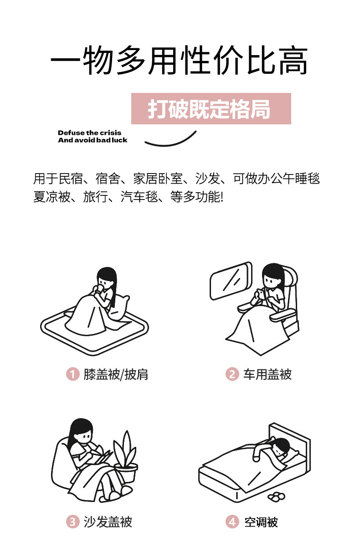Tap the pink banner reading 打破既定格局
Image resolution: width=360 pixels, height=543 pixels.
coord(211,108)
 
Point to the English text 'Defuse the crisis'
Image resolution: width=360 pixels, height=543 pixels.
coord(89,133)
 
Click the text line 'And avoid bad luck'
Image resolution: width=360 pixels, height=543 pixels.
coord(93,140)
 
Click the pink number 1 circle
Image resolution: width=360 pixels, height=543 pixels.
coord(73,374)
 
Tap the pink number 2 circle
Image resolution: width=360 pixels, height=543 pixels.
coord(232,374)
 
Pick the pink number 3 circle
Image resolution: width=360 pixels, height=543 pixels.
coord(73,522)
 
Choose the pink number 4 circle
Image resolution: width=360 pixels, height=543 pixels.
coord(232,522)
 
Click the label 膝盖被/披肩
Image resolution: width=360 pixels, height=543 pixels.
coord(116,374)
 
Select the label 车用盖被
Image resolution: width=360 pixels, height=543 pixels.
coord(267,374)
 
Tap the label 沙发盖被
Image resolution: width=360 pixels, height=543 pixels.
coord(108,522)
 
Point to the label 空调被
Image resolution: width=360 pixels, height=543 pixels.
coord(261,522)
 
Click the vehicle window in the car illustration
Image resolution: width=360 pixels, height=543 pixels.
coord(231,281)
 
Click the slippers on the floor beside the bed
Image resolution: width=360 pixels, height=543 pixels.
coord(277,497)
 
